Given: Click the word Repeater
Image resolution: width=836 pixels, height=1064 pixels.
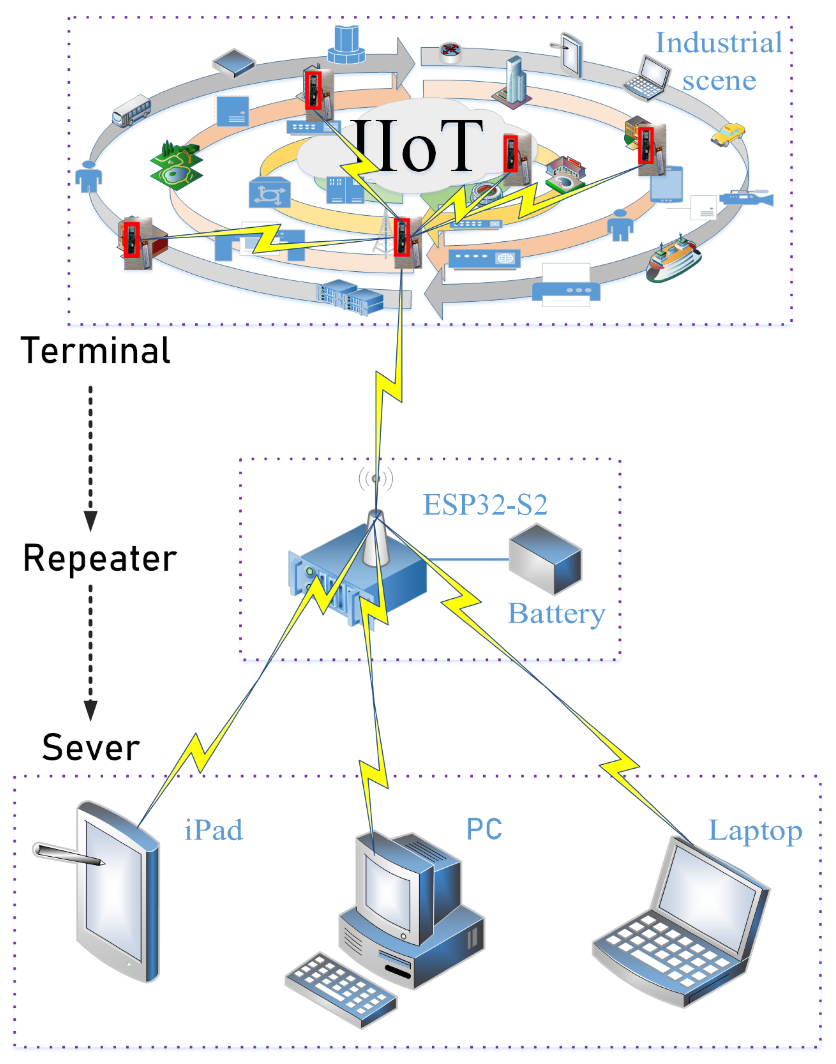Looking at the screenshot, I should coord(100,559).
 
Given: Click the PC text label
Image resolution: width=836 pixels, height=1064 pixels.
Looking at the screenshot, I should coord(484,830).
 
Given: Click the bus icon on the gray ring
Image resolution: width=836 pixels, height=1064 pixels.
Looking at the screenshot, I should coord(131,111).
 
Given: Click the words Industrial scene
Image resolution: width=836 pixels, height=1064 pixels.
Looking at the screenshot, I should coord(718,61).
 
